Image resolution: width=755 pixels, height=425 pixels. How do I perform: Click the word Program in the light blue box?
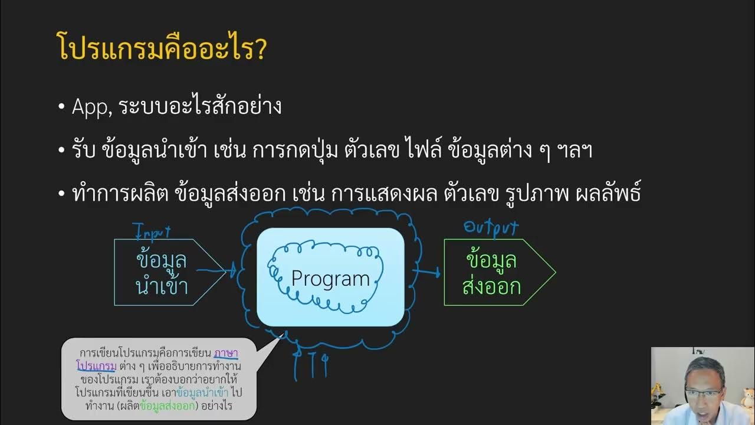tap(330, 279)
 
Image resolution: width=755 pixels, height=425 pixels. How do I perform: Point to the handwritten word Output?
tap(491, 227)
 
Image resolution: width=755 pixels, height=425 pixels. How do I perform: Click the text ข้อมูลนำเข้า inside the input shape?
tap(161, 273)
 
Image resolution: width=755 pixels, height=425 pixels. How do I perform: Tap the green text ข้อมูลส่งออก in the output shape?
tap(491, 273)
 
